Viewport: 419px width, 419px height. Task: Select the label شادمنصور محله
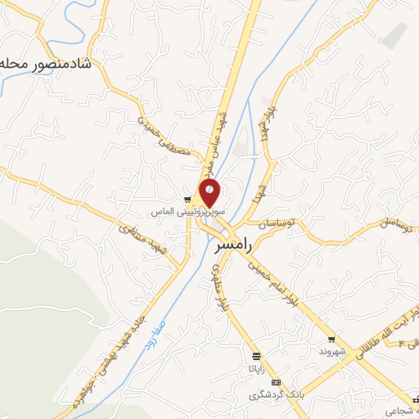click(x=46, y=64)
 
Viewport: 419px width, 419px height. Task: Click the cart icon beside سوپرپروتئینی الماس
click(x=187, y=200)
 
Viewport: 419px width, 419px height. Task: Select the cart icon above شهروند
click(x=331, y=339)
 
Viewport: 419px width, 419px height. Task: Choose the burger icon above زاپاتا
click(x=257, y=356)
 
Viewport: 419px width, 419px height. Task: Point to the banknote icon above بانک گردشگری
click(x=277, y=382)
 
